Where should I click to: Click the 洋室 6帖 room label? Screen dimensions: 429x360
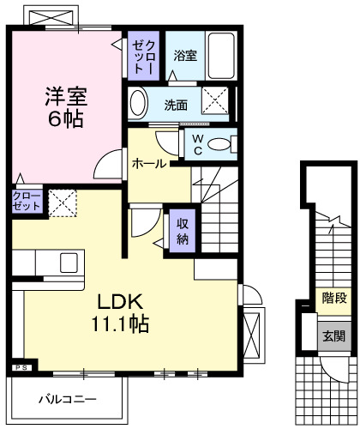tap(65, 106)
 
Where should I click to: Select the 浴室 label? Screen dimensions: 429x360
tap(185, 57)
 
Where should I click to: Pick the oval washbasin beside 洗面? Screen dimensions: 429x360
tap(138, 104)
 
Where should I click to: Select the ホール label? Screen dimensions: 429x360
tap(148, 163)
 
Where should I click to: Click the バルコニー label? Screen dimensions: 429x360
tap(67, 399)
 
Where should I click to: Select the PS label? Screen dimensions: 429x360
tap(21, 367)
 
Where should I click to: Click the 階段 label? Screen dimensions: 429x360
tap(335, 298)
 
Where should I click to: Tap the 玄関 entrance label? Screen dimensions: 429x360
tap(335, 335)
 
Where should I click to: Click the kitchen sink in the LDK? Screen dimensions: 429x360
tap(66, 262)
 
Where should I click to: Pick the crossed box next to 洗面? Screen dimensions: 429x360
tap(215, 102)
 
